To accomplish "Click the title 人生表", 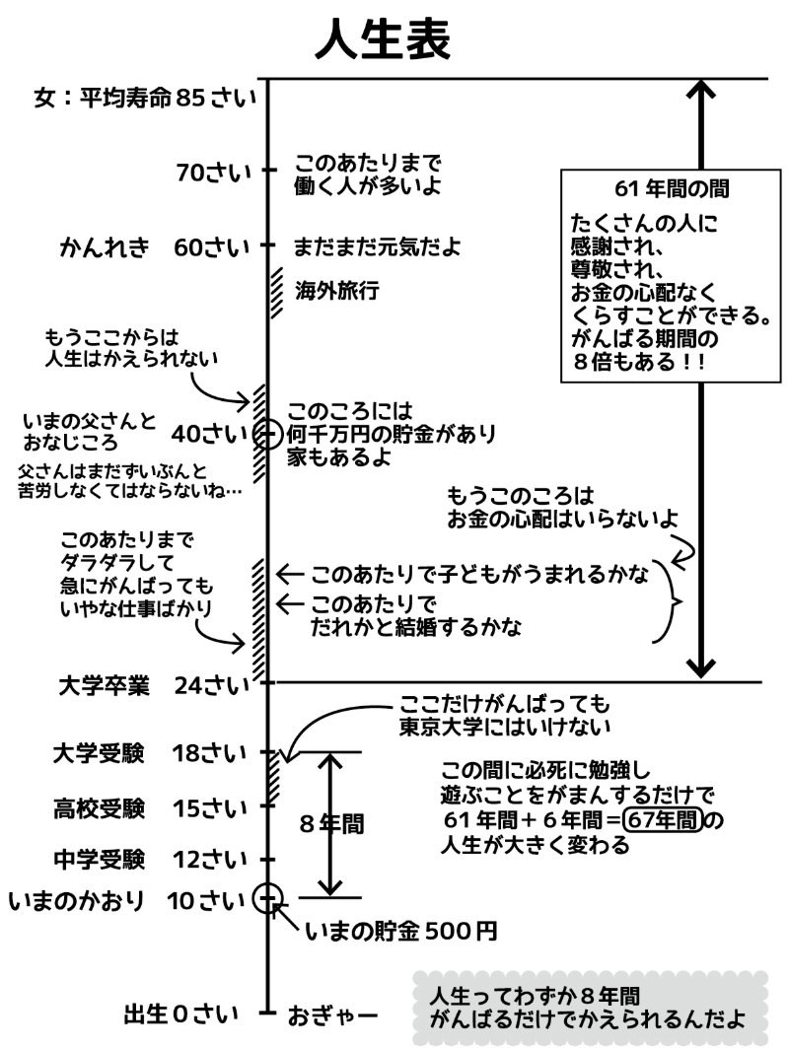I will (384, 40).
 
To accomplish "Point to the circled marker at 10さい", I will (267, 897).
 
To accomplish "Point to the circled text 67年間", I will (664, 820).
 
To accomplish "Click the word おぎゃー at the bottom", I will (332, 1013).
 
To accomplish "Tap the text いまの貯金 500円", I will (400, 929).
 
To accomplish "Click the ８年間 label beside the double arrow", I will (330, 825).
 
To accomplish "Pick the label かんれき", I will (105, 246).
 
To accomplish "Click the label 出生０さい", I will (180, 1013).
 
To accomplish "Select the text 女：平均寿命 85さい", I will (144, 99).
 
